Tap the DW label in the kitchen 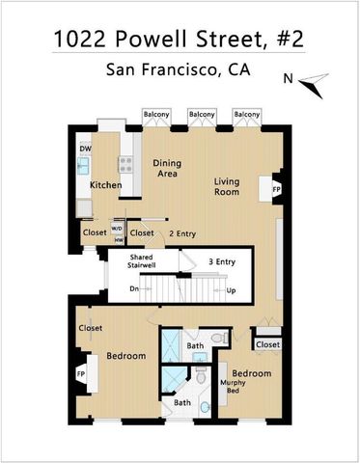click(85, 148)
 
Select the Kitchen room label click(104, 184)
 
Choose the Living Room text click(227, 186)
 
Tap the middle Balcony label click(203, 115)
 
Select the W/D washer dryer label click(118, 229)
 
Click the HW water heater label click(118, 241)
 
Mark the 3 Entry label click(223, 261)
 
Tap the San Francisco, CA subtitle click(180, 72)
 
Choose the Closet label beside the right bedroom click(268, 344)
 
